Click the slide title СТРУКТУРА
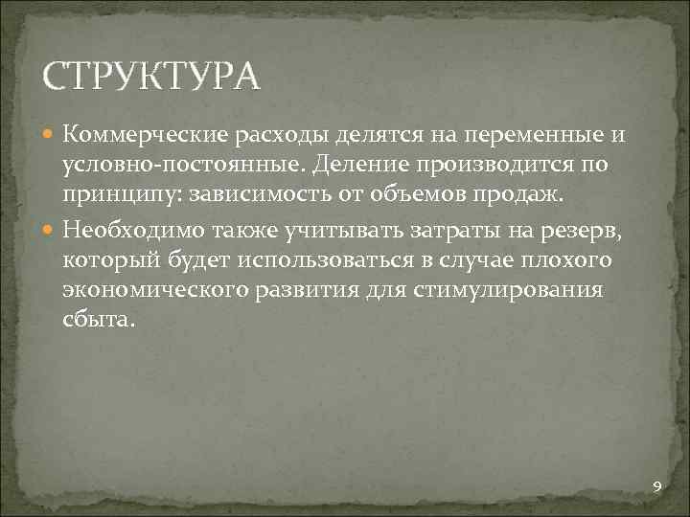tap(151, 76)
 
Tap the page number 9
tap(656, 488)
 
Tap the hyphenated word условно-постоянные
tap(177, 166)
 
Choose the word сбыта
tap(100, 323)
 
